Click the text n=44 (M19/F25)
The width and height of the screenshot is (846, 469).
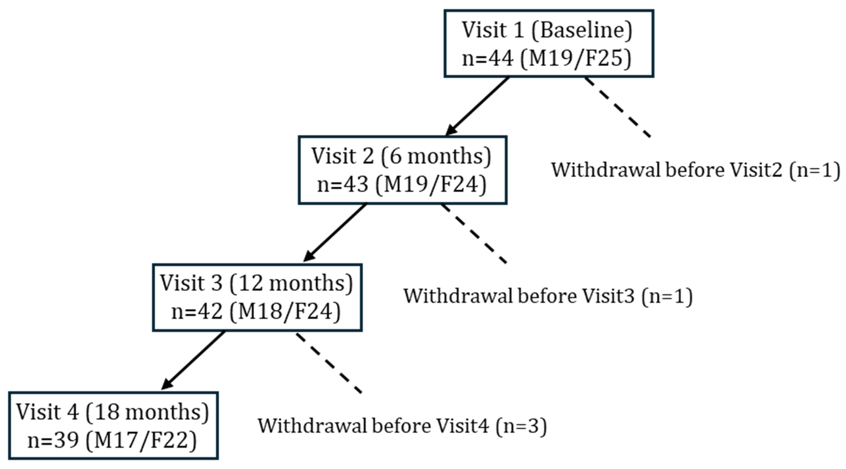[x=547, y=59]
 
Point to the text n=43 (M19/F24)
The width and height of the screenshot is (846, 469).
[x=402, y=185]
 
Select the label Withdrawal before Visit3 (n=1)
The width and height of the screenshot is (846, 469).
[x=548, y=296]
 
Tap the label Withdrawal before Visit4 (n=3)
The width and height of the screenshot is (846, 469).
[x=402, y=426]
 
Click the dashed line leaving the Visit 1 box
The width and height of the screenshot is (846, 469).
[x=618, y=107]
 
